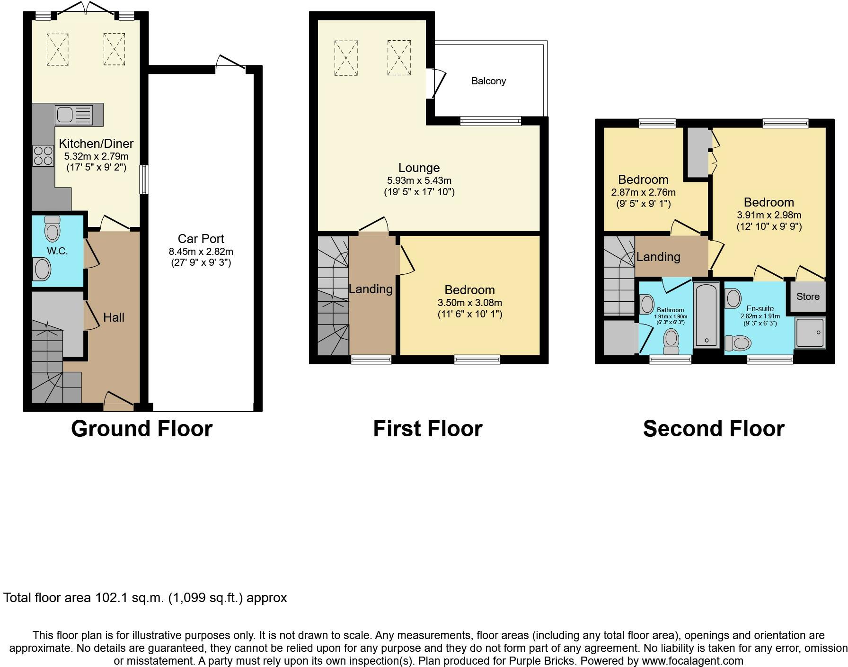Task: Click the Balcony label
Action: (x=488, y=81)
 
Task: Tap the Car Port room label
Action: (x=201, y=239)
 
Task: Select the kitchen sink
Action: (x=74, y=115)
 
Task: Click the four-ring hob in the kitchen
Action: (x=43, y=156)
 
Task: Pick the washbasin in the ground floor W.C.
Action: (x=42, y=270)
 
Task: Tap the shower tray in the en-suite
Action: (x=810, y=333)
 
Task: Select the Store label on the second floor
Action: (x=808, y=297)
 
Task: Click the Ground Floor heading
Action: (x=142, y=429)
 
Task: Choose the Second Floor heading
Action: (x=714, y=429)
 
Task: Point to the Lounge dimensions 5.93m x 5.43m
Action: (x=419, y=180)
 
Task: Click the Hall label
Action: (x=114, y=317)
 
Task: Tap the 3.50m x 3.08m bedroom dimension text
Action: (x=470, y=303)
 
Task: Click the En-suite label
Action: (x=760, y=308)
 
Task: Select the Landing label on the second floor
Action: (x=658, y=257)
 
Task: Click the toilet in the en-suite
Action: (x=738, y=342)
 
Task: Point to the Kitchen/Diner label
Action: (x=96, y=144)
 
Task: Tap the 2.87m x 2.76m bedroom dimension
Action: (x=643, y=193)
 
